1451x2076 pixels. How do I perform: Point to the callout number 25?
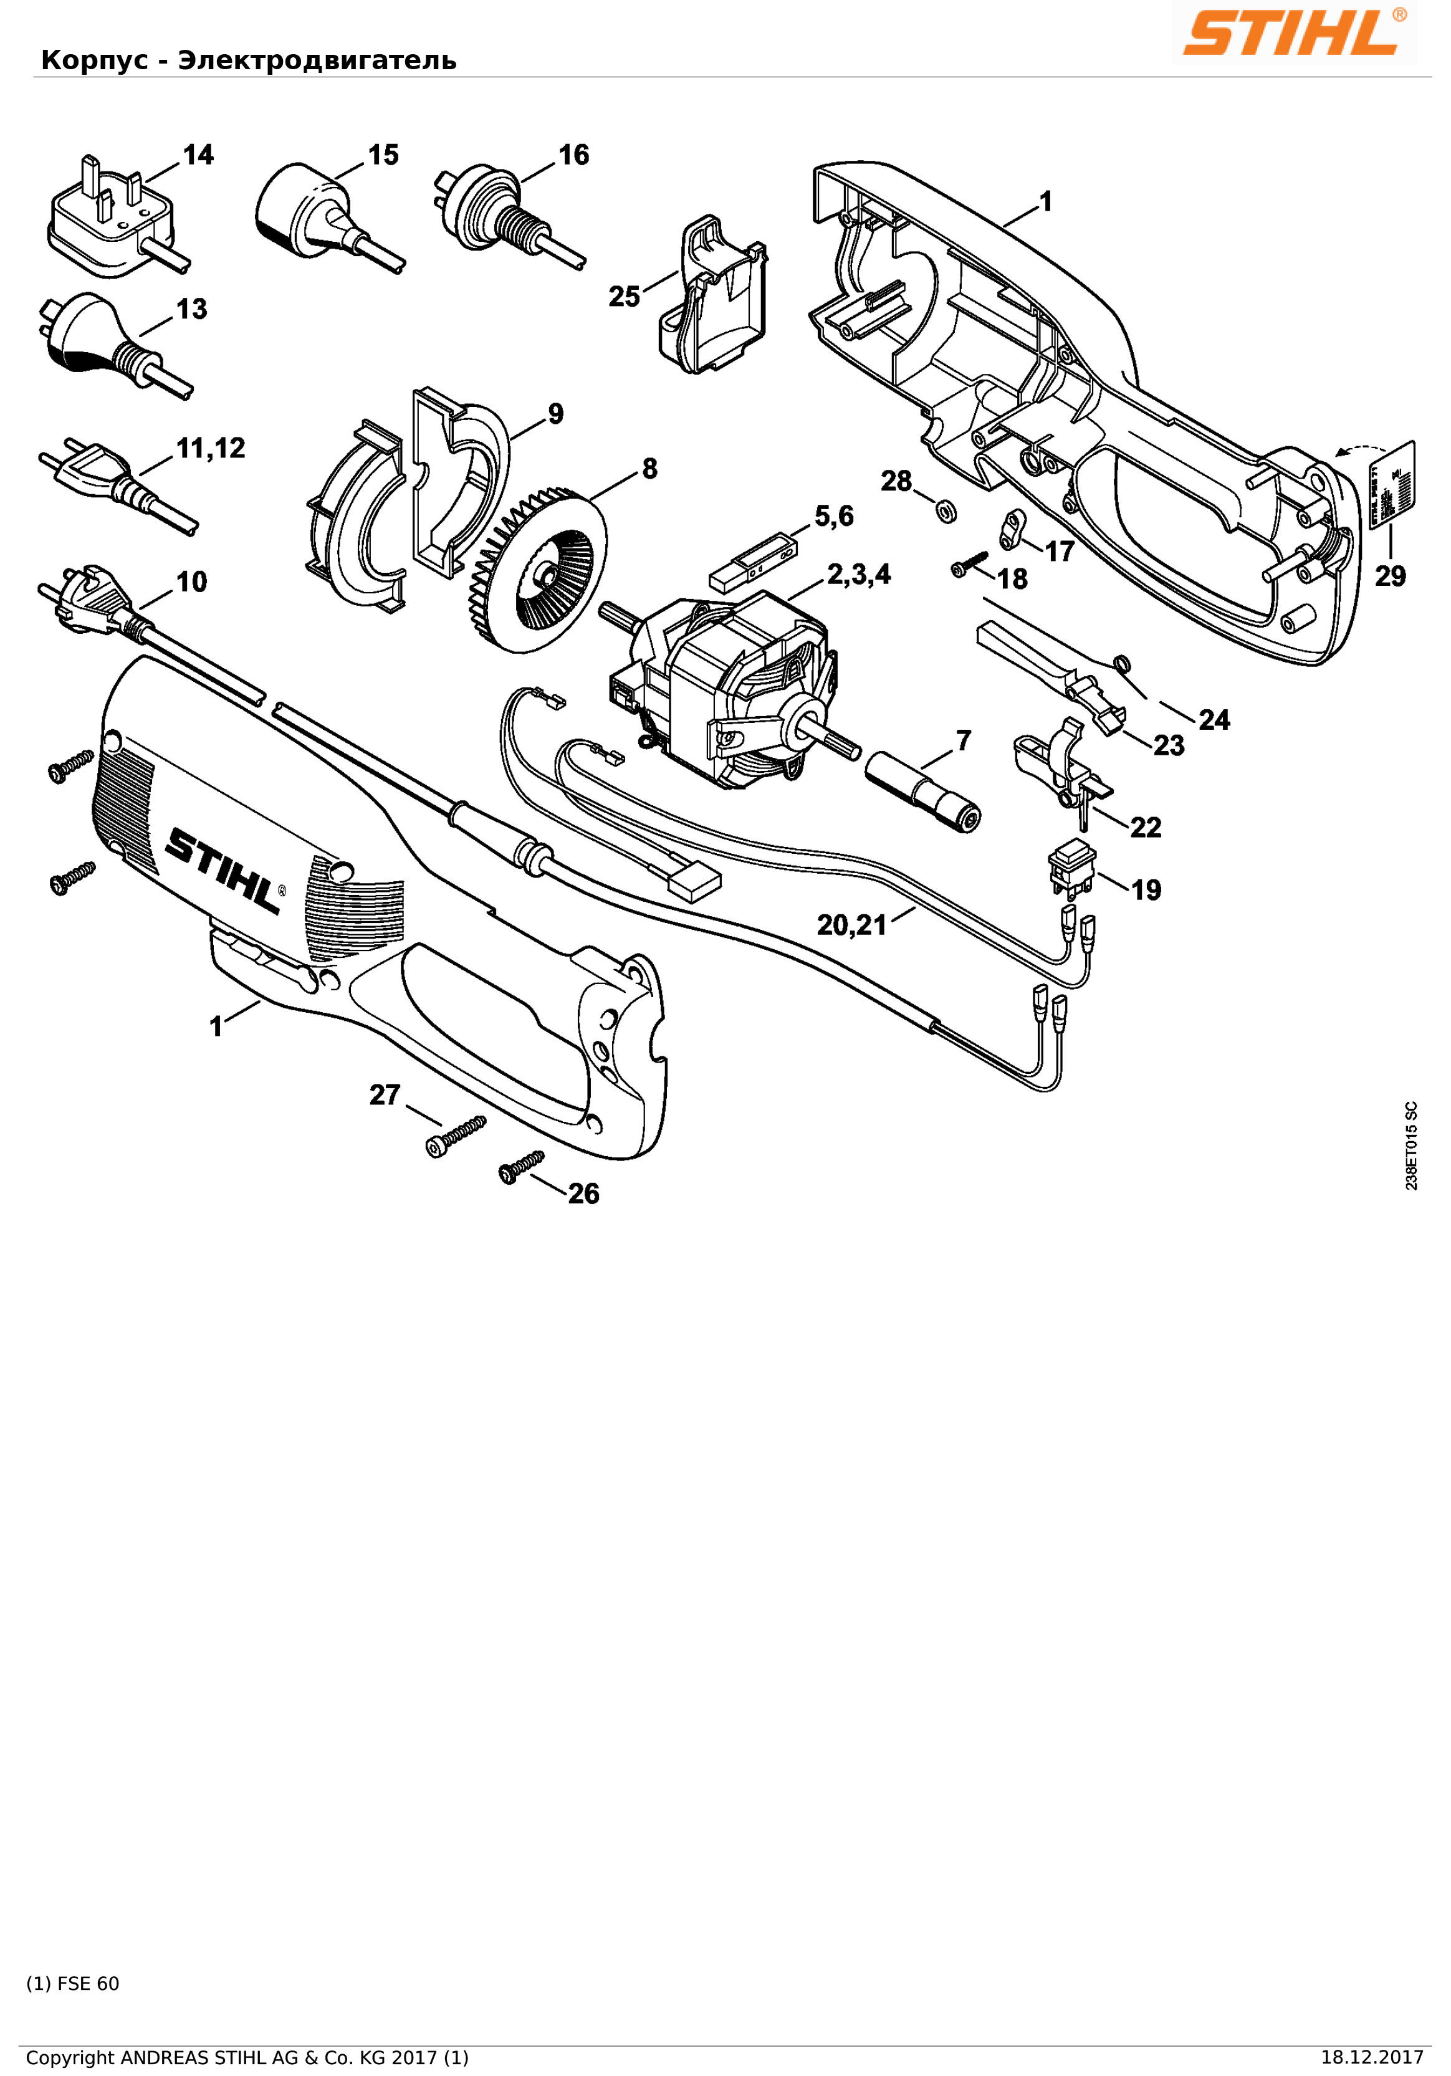pyautogui.click(x=624, y=297)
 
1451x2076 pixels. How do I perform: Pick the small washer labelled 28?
pyautogui.click(x=946, y=512)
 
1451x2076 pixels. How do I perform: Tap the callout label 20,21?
pyautogui.click(x=851, y=924)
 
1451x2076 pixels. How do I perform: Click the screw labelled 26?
pyautogui.click(x=520, y=1167)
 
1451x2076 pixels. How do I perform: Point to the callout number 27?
pyautogui.click(x=384, y=1095)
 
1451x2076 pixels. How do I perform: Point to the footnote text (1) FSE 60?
pyautogui.click(x=72, y=1984)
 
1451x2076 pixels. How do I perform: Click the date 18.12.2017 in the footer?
pyautogui.click(x=1371, y=2058)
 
